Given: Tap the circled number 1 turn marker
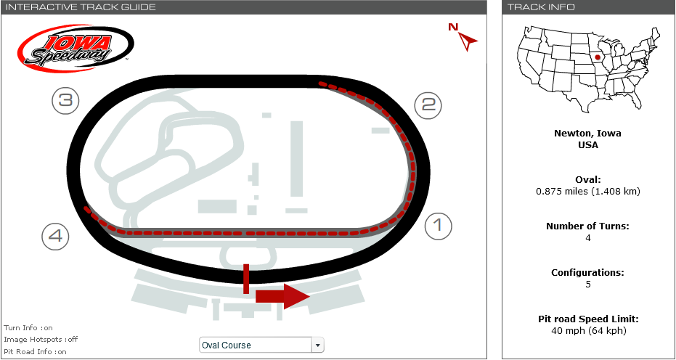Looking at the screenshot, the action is coord(439,226).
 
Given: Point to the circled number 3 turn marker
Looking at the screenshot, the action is coord(65,101).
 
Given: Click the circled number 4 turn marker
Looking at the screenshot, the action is coord(56,237).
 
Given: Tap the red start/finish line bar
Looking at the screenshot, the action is coord(246,279).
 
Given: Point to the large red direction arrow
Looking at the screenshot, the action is coord(283,297).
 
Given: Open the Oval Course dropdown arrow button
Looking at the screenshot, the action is coord(317,345).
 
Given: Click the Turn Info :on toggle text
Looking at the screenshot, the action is coord(28,328).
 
